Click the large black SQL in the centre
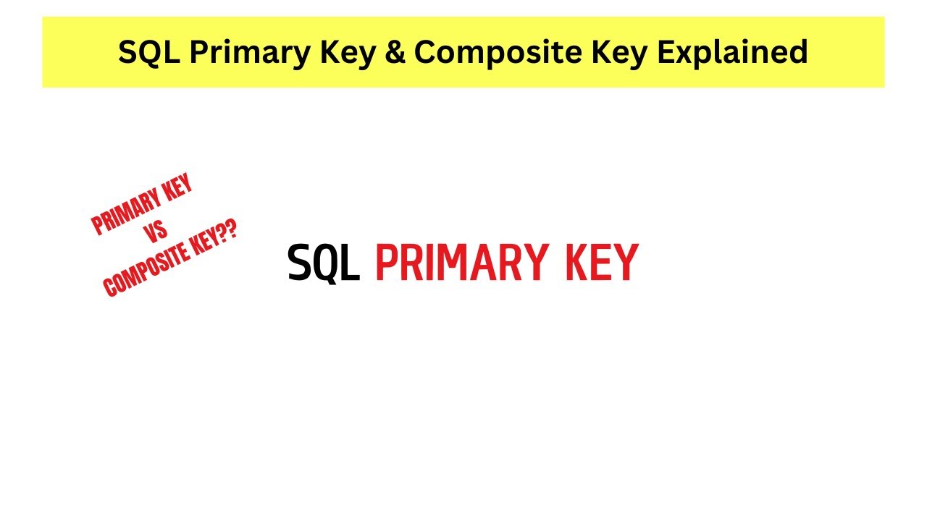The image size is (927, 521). coord(323,263)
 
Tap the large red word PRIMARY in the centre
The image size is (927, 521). coord(460,263)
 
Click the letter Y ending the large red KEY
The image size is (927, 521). coord(625,263)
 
